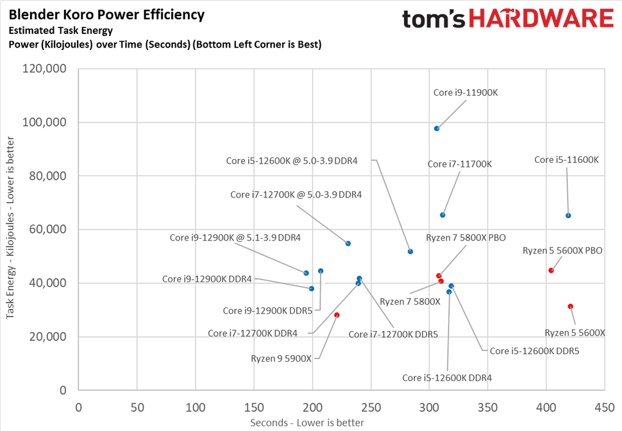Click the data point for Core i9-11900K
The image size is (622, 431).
click(437, 128)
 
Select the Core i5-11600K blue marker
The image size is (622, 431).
click(568, 216)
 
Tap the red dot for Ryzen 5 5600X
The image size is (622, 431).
click(570, 307)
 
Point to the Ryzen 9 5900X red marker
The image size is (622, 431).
click(337, 315)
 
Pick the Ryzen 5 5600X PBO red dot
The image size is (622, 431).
click(551, 270)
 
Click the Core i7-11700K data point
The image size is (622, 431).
click(442, 215)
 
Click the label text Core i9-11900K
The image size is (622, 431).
click(466, 92)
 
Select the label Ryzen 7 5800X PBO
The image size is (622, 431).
click(471, 237)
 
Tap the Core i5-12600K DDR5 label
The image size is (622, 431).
click(534, 351)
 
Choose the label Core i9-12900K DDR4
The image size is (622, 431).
click(206, 278)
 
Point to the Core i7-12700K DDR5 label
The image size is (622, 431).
click(393, 334)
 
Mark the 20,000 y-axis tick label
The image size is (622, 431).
click(48, 337)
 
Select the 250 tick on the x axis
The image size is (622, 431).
click(371, 407)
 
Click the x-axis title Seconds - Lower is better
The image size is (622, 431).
click(307, 423)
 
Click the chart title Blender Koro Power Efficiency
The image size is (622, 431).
click(106, 14)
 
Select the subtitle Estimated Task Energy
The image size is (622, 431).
click(60, 30)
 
